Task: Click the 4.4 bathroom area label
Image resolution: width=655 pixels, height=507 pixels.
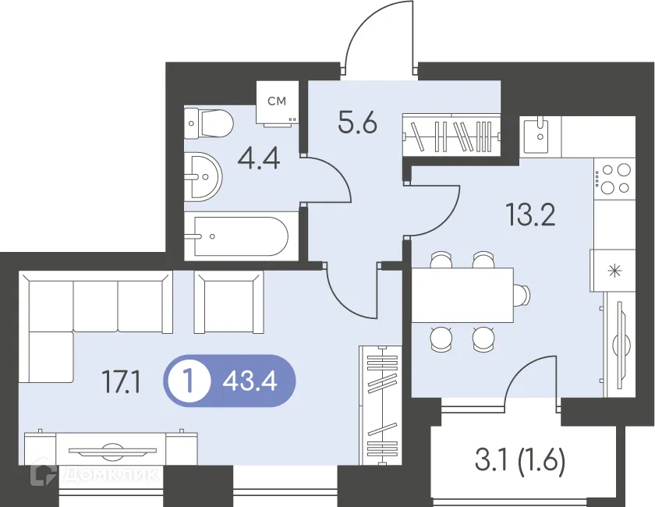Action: coord(259,159)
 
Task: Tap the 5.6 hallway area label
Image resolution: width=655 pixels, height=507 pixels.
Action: coord(358,123)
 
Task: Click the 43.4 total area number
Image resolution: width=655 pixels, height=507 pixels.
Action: coord(250,381)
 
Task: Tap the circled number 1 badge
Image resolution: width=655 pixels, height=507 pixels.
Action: coord(188,381)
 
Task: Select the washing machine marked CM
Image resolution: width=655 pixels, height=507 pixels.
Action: coord(278,103)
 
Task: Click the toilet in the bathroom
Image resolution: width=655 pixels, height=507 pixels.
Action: coord(209,123)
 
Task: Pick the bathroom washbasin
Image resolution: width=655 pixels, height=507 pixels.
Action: coord(204,177)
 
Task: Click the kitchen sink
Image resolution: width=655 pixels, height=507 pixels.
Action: coord(540,135)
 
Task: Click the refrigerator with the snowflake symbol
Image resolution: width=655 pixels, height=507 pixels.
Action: coord(613,271)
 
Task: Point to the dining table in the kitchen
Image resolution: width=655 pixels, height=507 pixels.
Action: coord(463,295)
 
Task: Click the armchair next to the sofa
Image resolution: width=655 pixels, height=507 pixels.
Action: coord(229,302)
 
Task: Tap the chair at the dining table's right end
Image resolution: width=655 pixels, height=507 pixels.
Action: coord(522,295)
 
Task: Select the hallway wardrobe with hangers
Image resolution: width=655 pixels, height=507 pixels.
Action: coord(451,135)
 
